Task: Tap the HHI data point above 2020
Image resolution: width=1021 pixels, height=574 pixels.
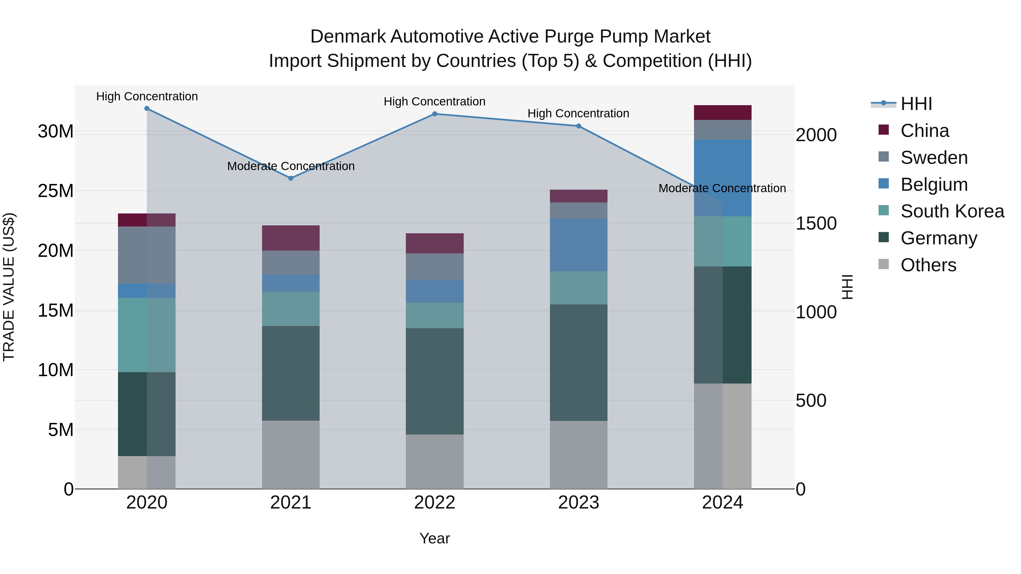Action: tap(147, 109)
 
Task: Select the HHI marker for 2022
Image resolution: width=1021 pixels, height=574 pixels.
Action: tap(434, 114)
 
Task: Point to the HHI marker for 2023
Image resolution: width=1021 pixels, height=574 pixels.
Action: tap(578, 126)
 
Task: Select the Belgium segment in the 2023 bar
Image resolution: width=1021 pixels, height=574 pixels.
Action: tap(578, 245)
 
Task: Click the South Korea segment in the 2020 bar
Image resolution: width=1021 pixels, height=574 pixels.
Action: tap(147, 335)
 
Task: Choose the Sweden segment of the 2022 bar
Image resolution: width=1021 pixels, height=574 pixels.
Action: tap(434, 267)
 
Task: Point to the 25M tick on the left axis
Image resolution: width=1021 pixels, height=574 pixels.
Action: tap(56, 191)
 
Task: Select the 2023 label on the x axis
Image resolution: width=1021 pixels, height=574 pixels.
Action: tap(578, 503)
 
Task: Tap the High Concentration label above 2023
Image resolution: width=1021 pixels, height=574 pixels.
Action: tap(578, 113)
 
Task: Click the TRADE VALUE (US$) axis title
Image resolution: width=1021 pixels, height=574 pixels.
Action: tap(9, 287)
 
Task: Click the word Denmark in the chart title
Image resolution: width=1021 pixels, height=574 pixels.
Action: tap(348, 37)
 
